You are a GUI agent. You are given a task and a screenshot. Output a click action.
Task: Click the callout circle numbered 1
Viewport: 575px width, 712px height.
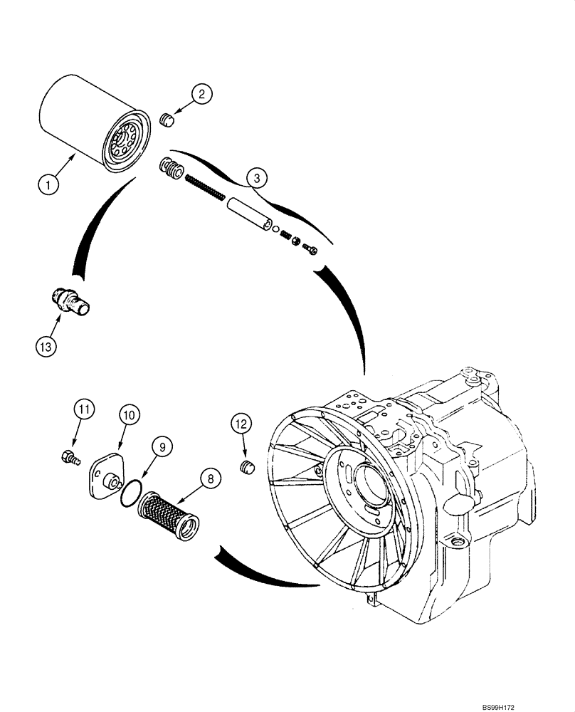point(49,186)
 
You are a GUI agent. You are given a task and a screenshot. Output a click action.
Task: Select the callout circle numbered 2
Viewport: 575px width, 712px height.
point(202,93)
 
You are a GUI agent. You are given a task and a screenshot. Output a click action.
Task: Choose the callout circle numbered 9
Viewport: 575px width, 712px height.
point(162,447)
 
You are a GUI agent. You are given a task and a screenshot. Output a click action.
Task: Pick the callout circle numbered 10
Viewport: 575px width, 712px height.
point(130,414)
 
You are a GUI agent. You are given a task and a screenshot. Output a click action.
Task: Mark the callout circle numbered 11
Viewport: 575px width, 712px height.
point(85,409)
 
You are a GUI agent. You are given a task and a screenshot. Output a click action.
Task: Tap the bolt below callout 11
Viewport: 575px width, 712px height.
point(69,458)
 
